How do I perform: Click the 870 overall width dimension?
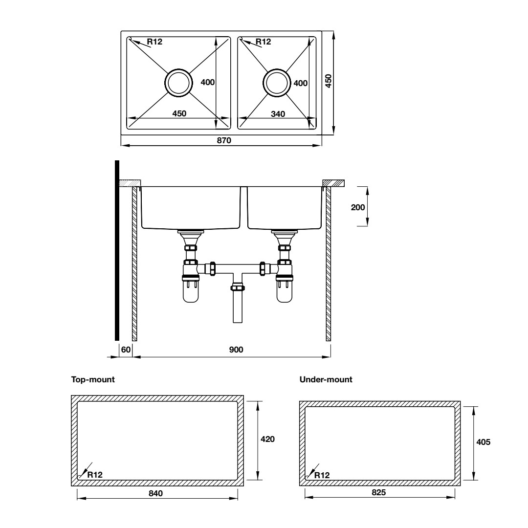click(223, 140)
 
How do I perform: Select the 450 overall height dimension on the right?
click(329, 81)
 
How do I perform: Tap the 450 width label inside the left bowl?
click(179, 113)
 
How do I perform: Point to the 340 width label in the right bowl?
click(278, 113)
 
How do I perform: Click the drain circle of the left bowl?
click(178, 82)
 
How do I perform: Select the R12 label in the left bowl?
click(154, 42)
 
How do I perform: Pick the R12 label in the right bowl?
click(263, 42)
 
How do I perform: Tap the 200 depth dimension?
click(358, 206)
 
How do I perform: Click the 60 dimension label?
click(125, 349)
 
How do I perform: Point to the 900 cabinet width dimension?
click(236, 349)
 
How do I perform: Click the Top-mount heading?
click(93, 379)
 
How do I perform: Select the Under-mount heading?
click(326, 379)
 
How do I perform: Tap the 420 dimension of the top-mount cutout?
click(267, 439)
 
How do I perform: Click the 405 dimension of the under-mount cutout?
click(483, 441)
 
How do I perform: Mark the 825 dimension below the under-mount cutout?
click(378, 492)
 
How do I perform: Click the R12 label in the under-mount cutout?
click(322, 475)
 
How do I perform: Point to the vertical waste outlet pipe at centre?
click(237, 306)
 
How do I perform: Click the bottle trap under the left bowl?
click(191, 291)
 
